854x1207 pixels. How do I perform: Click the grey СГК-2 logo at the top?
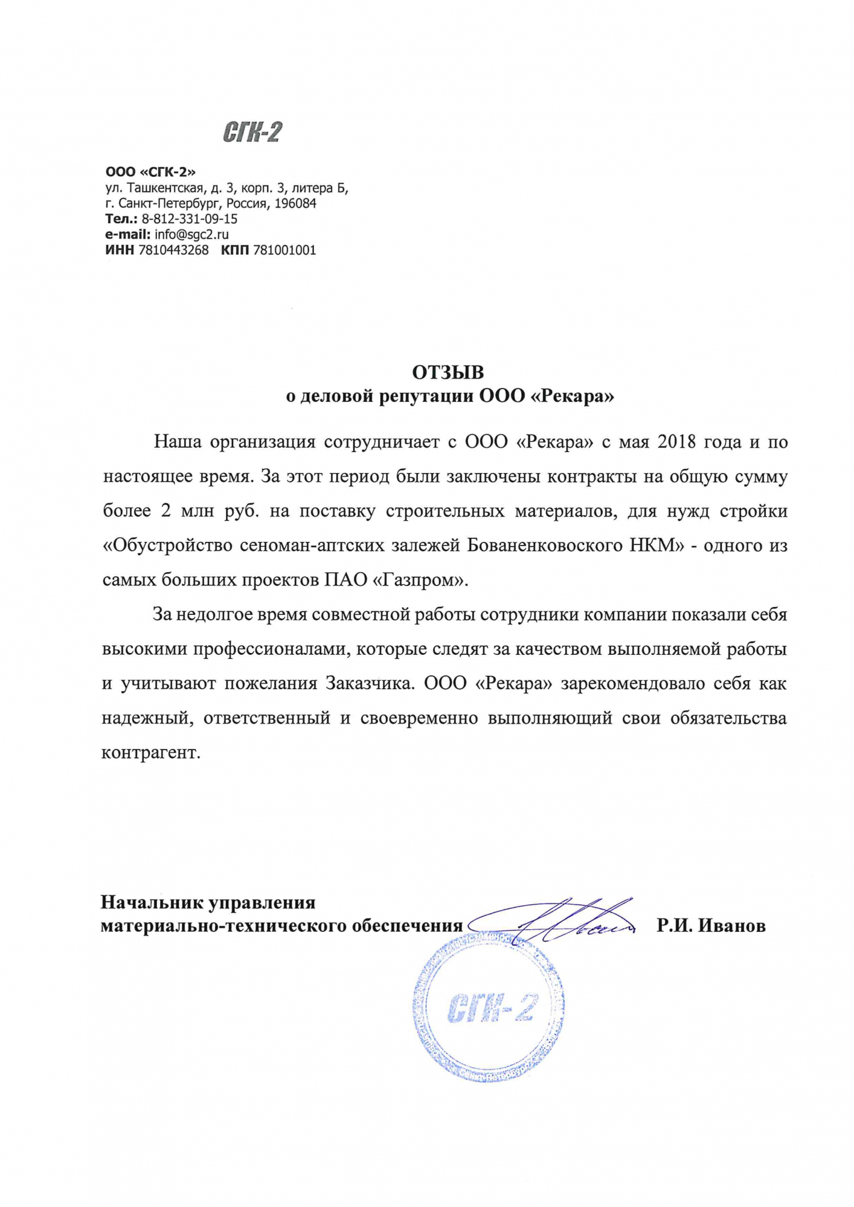pos(252,132)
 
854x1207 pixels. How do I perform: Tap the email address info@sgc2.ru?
pos(191,235)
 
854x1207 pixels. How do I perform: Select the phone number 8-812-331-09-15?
pos(190,219)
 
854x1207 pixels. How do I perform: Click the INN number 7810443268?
pos(173,250)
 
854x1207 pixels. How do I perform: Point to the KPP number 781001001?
pos(284,250)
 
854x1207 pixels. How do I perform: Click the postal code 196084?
pos(295,204)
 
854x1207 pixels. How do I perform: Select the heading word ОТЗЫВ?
pos(448,372)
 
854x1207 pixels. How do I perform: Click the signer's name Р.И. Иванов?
pos(711,926)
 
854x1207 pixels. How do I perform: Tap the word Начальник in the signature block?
pos(152,903)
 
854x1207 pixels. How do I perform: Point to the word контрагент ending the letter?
pos(150,753)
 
